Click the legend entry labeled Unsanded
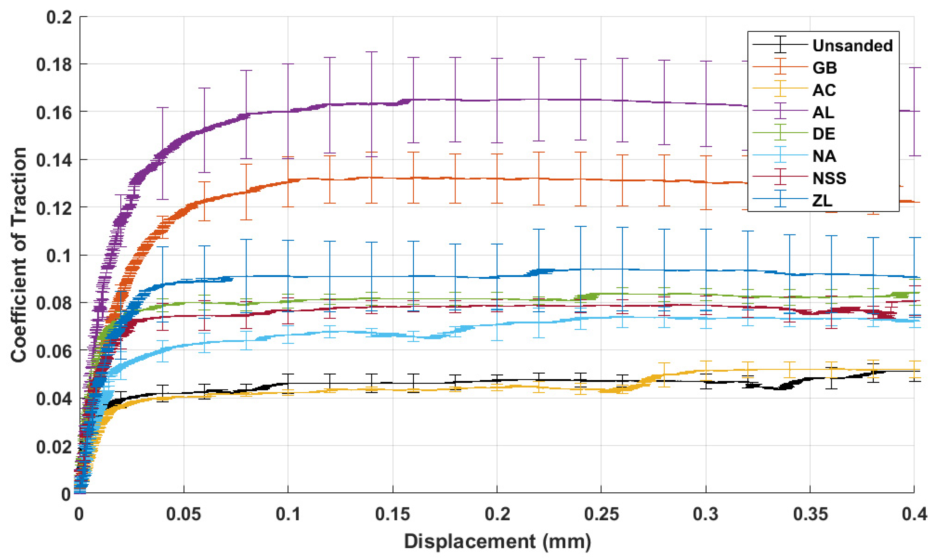point(852,46)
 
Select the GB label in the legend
point(825,68)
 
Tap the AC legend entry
point(824,90)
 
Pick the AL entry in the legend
point(823,112)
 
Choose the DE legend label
point(824,134)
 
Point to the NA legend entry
point(824,156)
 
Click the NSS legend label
point(829,178)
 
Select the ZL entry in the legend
point(822,201)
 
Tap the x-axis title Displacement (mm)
point(497,542)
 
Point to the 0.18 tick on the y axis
point(54,65)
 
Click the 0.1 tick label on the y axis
point(59,256)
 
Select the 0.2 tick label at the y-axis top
point(59,17)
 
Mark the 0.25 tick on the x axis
point(601,514)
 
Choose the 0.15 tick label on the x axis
point(392,514)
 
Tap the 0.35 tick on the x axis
point(810,514)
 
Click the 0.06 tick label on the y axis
point(54,351)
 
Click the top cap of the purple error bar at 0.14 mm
point(371,52)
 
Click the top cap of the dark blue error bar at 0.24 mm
point(580,226)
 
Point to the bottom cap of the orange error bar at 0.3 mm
point(706,209)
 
